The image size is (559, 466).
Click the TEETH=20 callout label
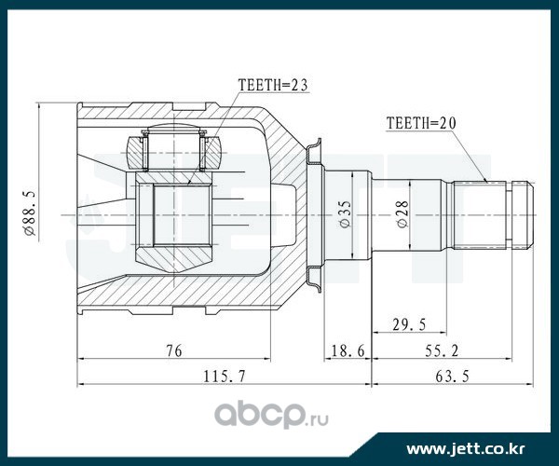(x=422, y=121)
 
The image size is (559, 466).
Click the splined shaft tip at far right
(x=520, y=213)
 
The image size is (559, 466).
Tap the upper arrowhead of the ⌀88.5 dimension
(x=37, y=105)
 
